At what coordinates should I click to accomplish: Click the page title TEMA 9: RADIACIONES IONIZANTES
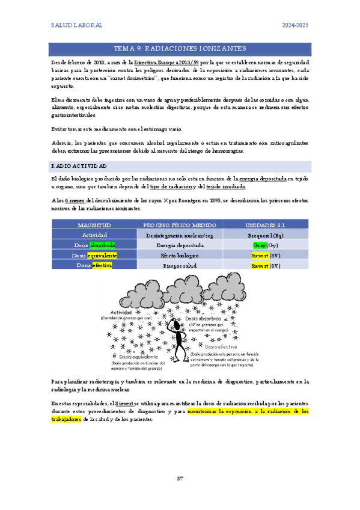click(x=180, y=48)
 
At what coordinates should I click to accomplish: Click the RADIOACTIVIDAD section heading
click(x=79, y=165)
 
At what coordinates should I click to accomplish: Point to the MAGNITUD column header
click(x=94, y=224)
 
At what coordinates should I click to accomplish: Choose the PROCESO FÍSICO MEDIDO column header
click(x=180, y=224)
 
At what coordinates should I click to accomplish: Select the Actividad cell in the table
click(x=94, y=235)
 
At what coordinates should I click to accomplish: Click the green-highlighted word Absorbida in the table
click(x=103, y=245)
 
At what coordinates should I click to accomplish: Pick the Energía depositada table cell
click(x=180, y=245)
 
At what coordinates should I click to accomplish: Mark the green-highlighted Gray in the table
click(x=258, y=245)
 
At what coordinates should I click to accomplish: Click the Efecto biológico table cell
click(x=180, y=255)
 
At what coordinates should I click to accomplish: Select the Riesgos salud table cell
click(x=180, y=265)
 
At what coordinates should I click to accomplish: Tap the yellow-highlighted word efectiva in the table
click(x=102, y=265)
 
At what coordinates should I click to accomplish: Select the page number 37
click(x=180, y=479)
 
